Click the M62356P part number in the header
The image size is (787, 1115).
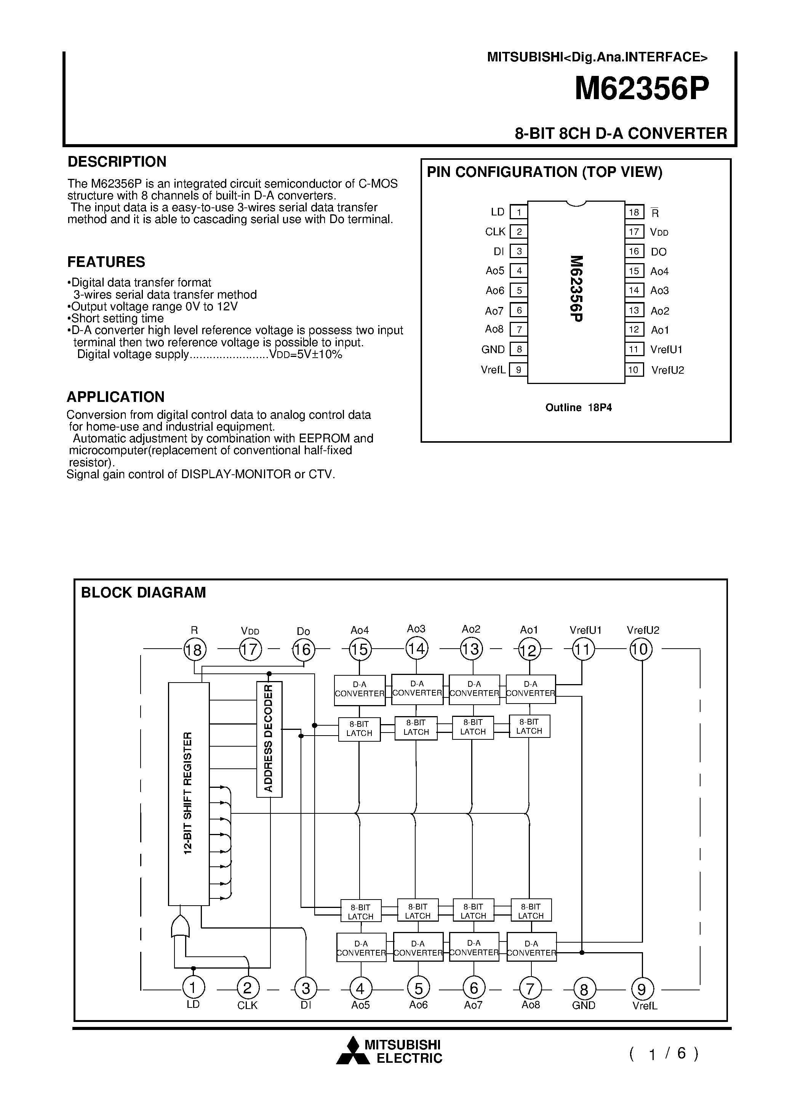pos(641,89)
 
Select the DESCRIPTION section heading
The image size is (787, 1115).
pos(117,162)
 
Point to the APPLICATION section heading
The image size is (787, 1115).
pos(115,397)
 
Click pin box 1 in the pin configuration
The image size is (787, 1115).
pos(519,212)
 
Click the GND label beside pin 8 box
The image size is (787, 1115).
pos(493,349)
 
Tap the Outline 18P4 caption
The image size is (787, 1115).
pos(578,407)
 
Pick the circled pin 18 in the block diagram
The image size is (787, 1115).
pos(195,650)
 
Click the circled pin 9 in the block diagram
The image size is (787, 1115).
pos(642,989)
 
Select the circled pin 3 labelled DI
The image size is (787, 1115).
pos(306,989)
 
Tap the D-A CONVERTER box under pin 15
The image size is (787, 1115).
pos(360,689)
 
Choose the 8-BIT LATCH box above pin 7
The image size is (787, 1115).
pos(531,911)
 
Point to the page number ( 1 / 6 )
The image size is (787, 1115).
pos(664,1053)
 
